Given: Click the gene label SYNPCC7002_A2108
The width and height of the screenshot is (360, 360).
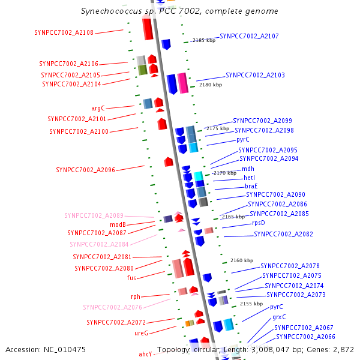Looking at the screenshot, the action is (64, 32).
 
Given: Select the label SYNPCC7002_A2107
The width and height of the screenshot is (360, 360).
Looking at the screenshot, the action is (249, 36).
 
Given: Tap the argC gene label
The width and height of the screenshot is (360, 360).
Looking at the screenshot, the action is (98, 108).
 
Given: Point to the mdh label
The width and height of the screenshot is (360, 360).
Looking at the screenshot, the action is (248, 169).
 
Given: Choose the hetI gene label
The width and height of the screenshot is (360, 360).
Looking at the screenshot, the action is (250, 178).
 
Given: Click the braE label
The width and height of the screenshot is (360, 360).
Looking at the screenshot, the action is (251, 186).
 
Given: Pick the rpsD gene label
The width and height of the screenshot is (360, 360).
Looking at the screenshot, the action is (259, 223).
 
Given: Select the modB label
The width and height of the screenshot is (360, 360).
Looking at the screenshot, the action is (118, 224).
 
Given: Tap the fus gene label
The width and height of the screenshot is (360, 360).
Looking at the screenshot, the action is (131, 278).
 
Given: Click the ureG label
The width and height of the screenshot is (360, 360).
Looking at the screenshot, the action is (141, 333).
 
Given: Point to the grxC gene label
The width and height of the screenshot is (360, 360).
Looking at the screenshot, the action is (279, 317).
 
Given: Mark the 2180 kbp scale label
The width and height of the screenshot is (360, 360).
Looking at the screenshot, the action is (211, 85).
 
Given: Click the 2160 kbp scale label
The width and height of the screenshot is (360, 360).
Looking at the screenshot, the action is (242, 260).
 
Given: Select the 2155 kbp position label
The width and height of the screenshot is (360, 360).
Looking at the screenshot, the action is (251, 304).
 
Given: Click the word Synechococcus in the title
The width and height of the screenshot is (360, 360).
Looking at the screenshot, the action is (112, 11).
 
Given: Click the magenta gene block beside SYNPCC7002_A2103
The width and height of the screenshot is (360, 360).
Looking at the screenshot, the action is (183, 83).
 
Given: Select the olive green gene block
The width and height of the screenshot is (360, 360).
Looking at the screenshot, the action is (143, 70).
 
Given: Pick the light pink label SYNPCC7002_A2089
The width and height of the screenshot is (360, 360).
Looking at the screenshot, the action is (94, 215).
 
